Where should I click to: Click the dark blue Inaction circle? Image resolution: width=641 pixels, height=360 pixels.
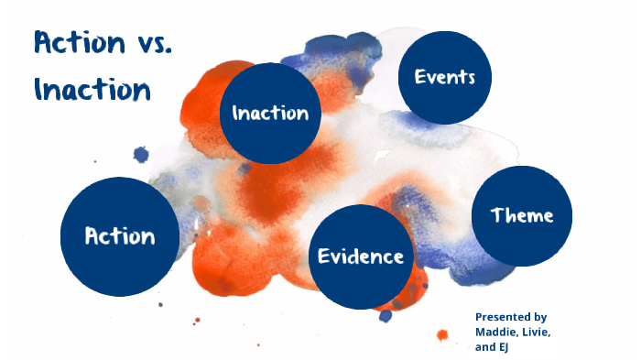click(x=270, y=114)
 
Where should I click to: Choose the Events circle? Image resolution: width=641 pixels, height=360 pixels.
click(x=445, y=77)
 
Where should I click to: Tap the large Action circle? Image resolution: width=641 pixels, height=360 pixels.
click(x=120, y=236)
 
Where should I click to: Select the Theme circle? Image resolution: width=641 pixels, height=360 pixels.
click(x=522, y=215)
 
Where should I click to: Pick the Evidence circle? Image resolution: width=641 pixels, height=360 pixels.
click(x=361, y=256)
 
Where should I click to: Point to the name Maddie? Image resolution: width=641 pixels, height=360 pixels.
click(x=498, y=331)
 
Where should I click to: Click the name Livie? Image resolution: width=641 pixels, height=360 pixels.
click(x=539, y=331)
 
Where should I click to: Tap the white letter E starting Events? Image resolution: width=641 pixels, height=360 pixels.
click(x=420, y=77)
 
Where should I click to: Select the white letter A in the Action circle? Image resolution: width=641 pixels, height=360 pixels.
click(x=92, y=236)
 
